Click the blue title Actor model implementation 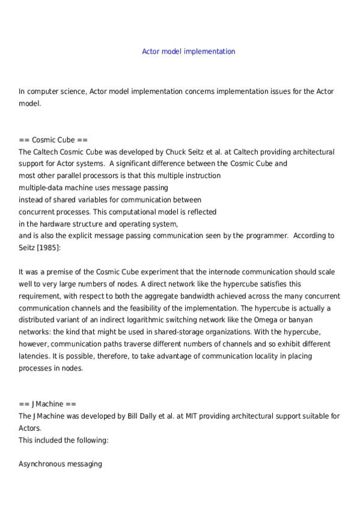[x=188, y=52]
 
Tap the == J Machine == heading [x=47, y=404]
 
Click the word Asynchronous [x=43, y=464]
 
